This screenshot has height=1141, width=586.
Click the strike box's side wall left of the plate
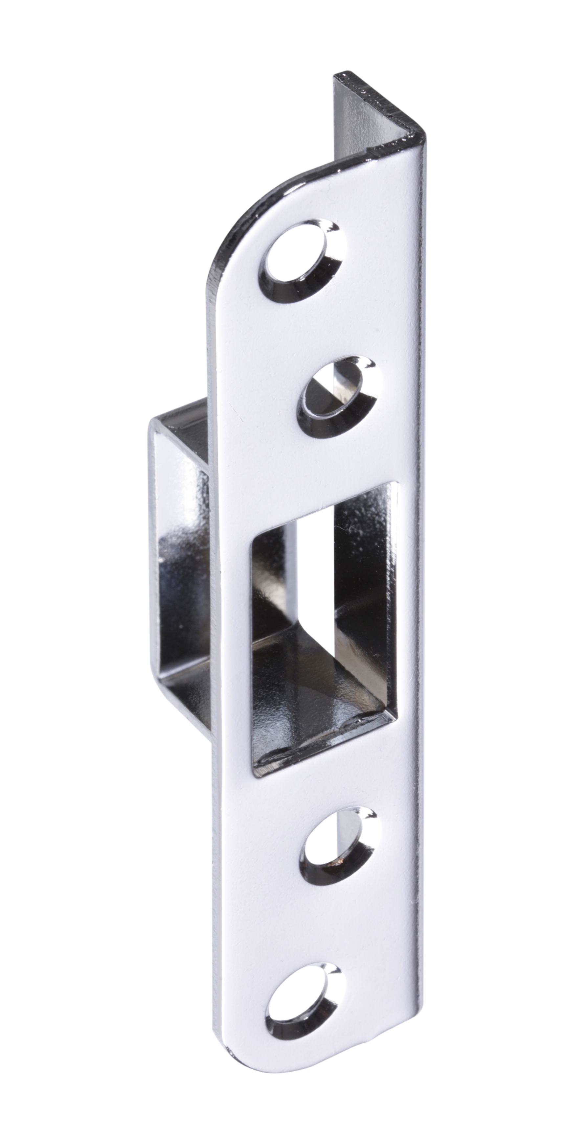tap(181, 585)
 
